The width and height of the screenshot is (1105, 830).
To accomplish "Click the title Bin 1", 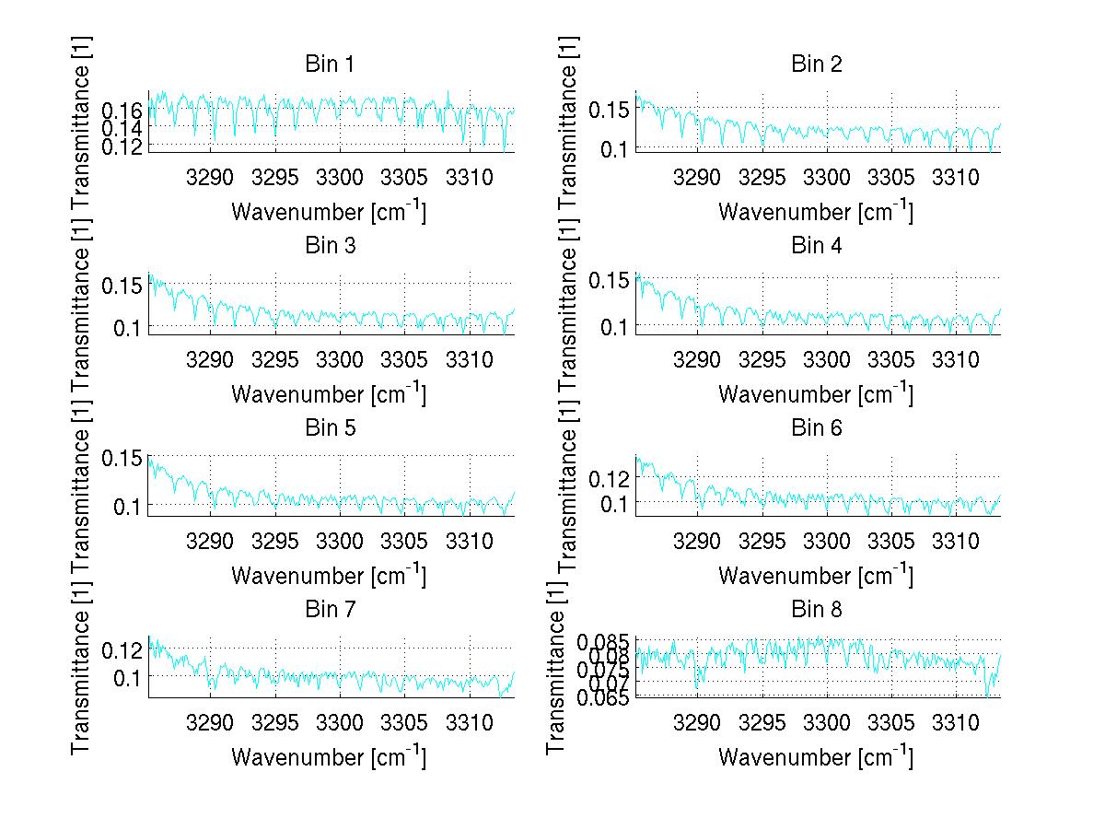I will click(x=330, y=64).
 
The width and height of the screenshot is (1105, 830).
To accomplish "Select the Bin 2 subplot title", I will click(x=817, y=64).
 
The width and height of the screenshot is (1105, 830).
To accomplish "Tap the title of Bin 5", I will click(x=330, y=428).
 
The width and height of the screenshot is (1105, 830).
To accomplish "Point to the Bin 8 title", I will click(x=817, y=610).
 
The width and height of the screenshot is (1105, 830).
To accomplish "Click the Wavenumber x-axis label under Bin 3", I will click(x=329, y=394).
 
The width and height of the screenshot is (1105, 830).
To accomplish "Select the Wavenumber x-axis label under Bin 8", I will click(x=816, y=757).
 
